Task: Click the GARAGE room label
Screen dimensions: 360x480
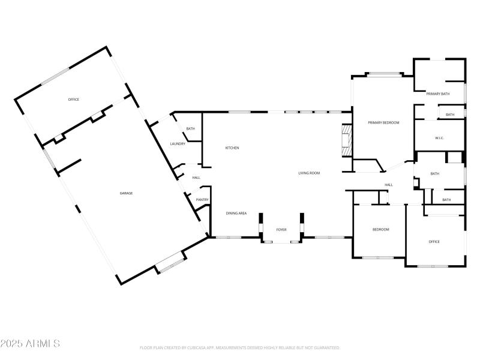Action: (126, 193)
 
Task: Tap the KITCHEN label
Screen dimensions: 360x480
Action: (232, 148)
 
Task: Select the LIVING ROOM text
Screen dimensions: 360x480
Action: (309, 173)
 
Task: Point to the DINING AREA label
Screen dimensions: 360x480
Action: (236, 213)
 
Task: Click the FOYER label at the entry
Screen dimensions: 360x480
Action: (281, 230)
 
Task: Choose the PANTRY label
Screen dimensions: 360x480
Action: (202, 200)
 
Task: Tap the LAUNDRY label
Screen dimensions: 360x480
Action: (178, 143)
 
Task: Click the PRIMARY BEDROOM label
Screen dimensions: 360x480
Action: (383, 122)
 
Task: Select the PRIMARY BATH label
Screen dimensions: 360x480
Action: (438, 94)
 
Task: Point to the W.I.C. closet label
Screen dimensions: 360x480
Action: (439, 138)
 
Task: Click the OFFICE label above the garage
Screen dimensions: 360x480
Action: (73, 100)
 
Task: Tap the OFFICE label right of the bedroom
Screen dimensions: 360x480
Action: (434, 242)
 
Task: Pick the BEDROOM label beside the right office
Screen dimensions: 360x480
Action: (380, 230)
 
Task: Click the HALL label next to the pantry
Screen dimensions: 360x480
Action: (196, 178)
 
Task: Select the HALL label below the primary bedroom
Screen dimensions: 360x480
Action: (389, 184)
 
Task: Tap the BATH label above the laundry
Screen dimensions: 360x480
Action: (190, 129)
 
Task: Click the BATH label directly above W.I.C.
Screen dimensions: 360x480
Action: (449, 115)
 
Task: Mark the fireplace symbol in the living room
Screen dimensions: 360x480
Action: (346, 140)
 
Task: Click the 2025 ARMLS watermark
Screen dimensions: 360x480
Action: (30, 344)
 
